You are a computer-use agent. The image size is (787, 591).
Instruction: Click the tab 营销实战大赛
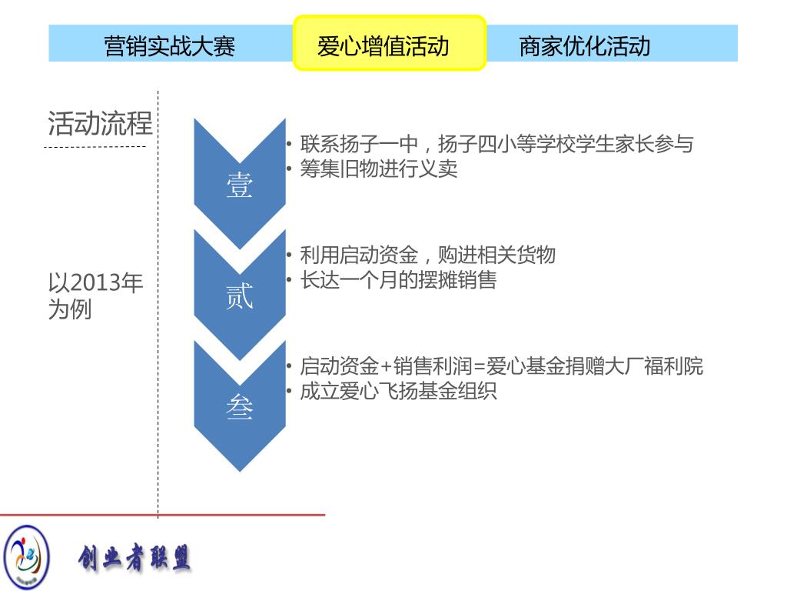point(169,45)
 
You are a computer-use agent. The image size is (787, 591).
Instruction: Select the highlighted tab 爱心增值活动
point(390,45)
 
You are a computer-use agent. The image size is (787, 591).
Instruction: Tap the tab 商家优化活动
point(585,45)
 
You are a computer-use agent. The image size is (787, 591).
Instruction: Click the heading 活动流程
point(100,123)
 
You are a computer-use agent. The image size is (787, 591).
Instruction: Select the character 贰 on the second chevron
point(239,297)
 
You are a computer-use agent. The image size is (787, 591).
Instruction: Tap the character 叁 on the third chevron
point(239,407)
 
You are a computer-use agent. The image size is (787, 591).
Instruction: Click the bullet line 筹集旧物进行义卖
point(378,169)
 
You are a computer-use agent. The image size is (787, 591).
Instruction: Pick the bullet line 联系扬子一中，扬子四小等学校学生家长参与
point(496,143)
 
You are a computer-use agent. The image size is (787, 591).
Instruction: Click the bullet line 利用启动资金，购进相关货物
point(427,255)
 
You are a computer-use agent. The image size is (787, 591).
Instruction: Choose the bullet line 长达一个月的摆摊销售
point(398,279)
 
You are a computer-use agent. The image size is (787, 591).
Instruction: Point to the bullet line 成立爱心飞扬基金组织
point(398,390)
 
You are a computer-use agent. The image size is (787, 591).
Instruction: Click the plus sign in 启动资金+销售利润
point(386,366)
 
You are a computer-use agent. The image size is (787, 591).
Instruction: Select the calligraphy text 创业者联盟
point(134,558)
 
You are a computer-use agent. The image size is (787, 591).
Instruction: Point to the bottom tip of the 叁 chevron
point(240,469)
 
